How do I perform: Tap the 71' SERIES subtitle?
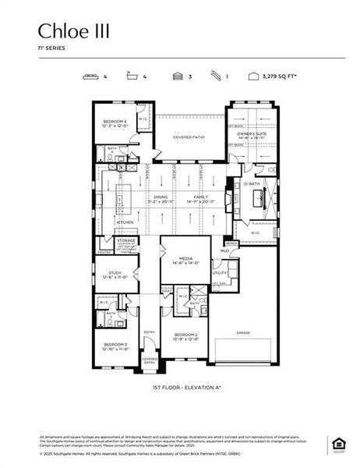coord(51,48)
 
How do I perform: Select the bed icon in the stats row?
coord(90,76)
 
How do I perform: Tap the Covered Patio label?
coord(188,136)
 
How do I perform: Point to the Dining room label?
coord(161,197)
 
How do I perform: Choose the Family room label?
coord(201,197)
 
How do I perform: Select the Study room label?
coord(114,273)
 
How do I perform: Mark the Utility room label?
coord(220,273)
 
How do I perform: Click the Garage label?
coord(242,331)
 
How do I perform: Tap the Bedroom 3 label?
coord(115,344)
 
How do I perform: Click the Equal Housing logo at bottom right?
coord(337,444)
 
